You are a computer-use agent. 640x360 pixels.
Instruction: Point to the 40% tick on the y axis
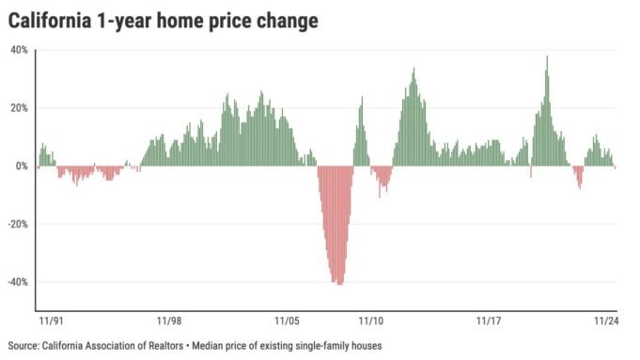[20, 50]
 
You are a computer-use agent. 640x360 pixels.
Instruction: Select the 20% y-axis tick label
[20, 108]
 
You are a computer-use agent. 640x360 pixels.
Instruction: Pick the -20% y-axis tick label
[18, 225]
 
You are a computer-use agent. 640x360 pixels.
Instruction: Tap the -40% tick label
[18, 283]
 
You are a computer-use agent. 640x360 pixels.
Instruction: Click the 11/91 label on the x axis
[51, 321]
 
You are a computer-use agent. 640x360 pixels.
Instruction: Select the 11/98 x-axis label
[170, 321]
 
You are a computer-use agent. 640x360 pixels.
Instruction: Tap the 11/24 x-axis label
[604, 321]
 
